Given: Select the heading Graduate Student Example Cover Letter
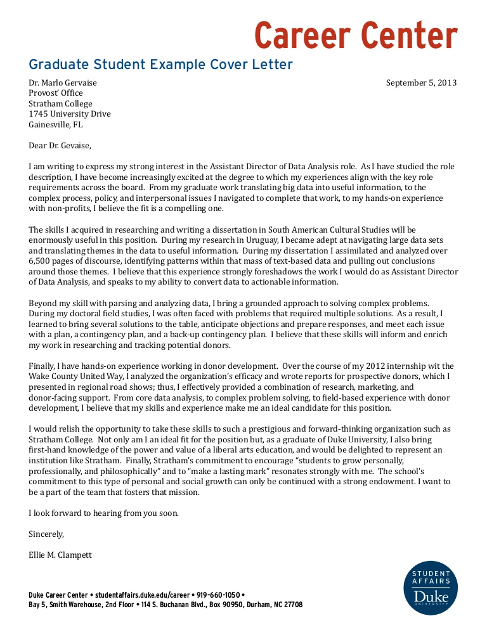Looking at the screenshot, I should pos(160,65).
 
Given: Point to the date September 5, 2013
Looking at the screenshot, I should pos(421,83).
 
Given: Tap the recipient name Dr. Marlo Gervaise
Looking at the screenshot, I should pos(63,83).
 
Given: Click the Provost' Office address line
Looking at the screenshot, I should pos(56,93).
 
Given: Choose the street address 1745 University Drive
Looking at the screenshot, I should pos(70,114).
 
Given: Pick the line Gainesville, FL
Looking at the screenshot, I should pos(56,125).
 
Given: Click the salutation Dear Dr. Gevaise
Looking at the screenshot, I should pos(60,146).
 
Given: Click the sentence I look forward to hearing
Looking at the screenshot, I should pos(103,513).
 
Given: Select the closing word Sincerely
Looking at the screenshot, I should pos(46,534).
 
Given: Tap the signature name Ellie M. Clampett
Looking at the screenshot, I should pos(60,555).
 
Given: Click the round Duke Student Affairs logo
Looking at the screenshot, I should pos(431,588).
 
